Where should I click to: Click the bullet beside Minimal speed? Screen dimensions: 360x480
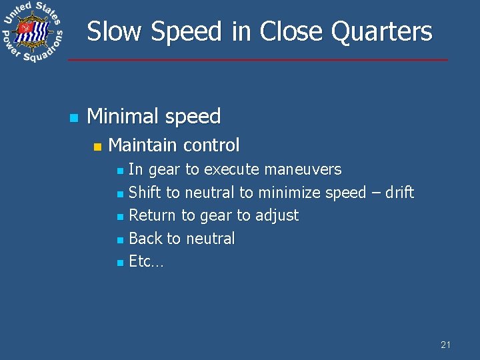(x=73, y=118)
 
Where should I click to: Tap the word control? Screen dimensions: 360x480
(x=211, y=145)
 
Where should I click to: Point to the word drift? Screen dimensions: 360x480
(x=399, y=193)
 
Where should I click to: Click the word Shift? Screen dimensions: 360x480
(x=145, y=193)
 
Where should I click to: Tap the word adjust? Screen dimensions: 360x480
(x=277, y=216)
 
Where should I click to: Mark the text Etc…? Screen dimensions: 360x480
(x=145, y=261)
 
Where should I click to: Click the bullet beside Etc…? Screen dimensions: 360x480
(x=119, y=263)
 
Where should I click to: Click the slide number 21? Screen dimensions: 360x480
(x=445, y=345)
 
